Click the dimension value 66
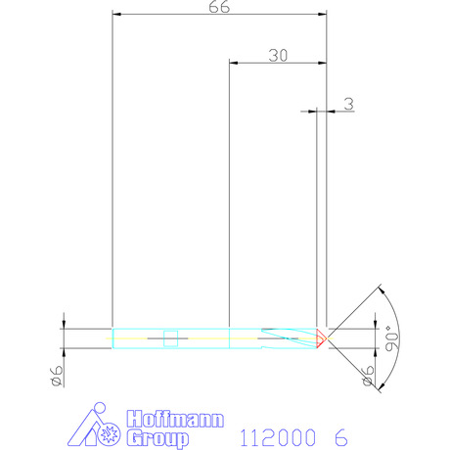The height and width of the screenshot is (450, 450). click(219, 7)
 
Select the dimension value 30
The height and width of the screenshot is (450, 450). click(278, 56)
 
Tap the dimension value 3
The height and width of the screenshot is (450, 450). click(349, 104)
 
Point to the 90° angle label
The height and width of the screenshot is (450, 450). click(392, 338)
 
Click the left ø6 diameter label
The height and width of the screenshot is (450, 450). click(57, 376)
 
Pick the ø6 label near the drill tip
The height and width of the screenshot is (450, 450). click(368, 376)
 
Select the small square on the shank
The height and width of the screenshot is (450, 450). click(170, 338)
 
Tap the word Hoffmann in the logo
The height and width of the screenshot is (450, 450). click(175, 419)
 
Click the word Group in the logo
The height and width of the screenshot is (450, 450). click(157, 438)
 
